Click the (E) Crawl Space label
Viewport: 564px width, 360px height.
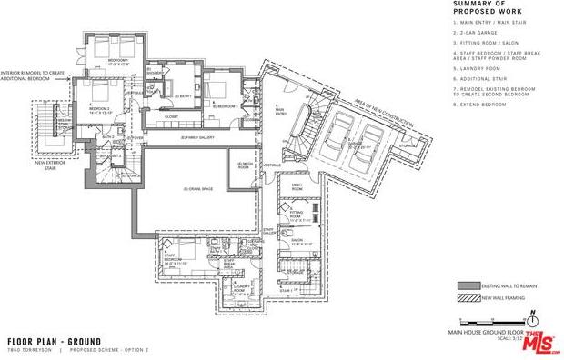[x=197, y=188]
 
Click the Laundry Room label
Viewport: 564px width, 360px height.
[x=241, y=291]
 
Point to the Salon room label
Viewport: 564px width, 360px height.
[x=297, y=243]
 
